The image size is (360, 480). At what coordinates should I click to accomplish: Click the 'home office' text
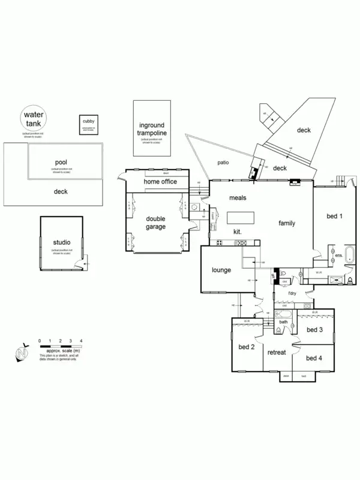[160, 181]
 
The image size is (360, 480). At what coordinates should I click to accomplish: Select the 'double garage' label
[155, 223]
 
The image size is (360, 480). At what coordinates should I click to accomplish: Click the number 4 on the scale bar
[81, 341]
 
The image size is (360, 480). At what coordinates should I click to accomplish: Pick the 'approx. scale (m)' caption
[64, 352]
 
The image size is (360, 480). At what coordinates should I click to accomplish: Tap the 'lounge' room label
[221, 270]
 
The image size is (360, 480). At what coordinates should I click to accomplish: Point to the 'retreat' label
[277, 352]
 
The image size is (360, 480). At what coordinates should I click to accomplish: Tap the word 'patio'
[224, 162]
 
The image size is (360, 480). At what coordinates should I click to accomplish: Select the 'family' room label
[287, 223]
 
